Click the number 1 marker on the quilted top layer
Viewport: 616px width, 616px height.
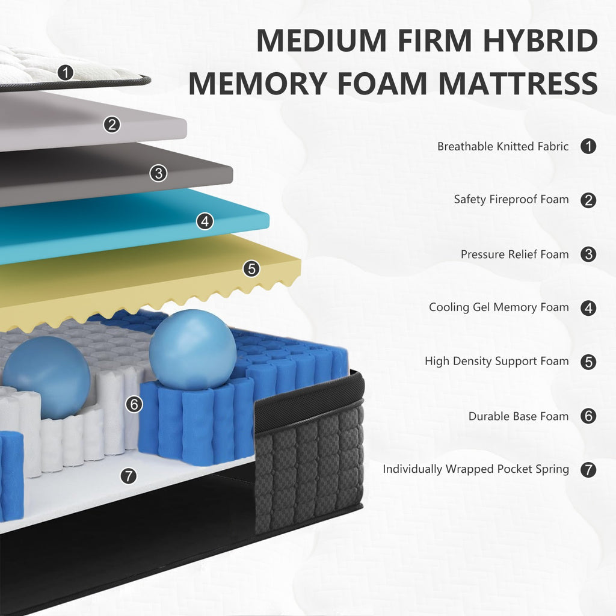point(66,73)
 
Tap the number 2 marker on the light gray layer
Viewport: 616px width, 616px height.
point(111,125)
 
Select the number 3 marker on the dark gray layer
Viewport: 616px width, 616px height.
point(158,173)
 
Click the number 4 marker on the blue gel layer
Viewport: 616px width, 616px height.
point(205,221)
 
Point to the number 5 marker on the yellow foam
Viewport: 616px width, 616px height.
point(251,268)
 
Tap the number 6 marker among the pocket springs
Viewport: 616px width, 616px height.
point(135,404)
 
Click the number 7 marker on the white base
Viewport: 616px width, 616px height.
point(128,476)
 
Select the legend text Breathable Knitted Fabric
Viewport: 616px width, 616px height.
point(502,146)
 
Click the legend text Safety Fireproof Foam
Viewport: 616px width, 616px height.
point(511,199)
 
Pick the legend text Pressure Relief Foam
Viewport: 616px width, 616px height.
point(514,254)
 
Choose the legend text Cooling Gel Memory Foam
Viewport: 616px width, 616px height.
point(498,307)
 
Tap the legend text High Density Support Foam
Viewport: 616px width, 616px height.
point(496,362)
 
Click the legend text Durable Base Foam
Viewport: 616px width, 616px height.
point(518,416)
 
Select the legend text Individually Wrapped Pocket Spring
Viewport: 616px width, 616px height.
point(475,469)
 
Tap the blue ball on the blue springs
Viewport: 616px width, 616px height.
point(192,350)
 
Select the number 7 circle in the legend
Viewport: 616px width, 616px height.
point(588,469)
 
